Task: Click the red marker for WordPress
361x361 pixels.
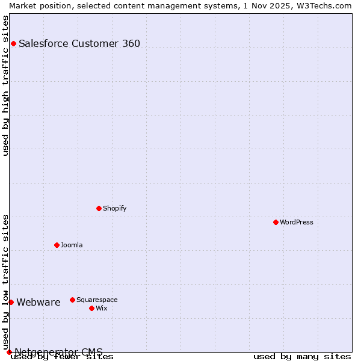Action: (276, 222)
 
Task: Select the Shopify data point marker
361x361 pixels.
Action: (99, 208)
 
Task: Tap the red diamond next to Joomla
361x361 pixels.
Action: (57, 245)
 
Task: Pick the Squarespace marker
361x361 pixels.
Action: (72, 300)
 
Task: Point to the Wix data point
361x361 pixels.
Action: (91, 308)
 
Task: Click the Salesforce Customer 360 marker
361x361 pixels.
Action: (13, 43)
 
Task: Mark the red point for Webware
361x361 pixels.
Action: (11, 302)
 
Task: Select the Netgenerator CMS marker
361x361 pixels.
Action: (9, 352)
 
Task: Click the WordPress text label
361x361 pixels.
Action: (297, 222)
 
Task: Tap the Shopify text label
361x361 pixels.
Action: (114, 208)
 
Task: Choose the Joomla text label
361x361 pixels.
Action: (72, 245)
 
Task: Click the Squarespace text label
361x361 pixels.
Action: (97, 300)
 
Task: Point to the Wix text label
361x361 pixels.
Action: (101, 308)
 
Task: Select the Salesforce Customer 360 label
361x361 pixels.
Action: (79, 43)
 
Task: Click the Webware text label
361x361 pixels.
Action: (39, 302)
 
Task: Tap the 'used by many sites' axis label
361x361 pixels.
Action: (302, 356)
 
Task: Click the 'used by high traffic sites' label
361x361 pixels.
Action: (5, 85)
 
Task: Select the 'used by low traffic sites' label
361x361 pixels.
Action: (5, 282)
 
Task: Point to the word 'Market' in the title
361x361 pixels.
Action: (23, 5)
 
